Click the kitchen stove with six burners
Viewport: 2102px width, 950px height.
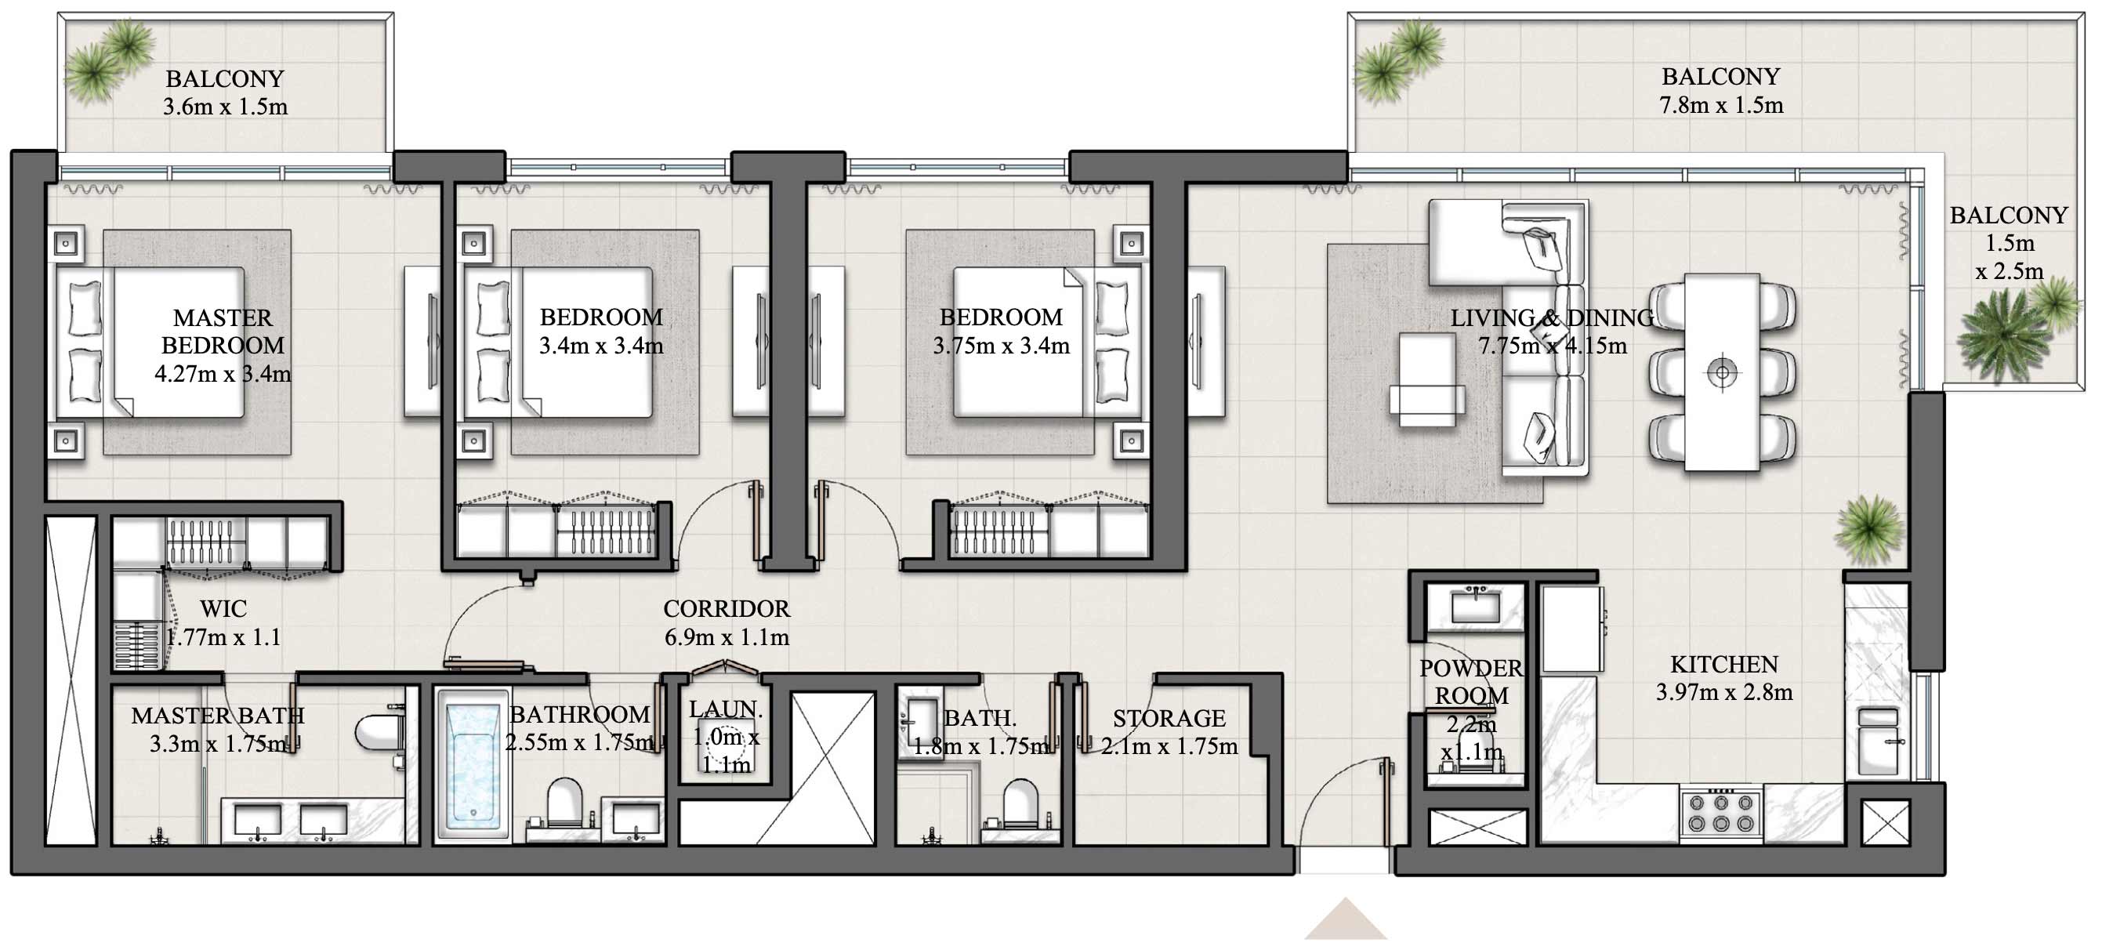point(1720,813)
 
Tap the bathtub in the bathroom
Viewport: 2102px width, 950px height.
point(473,764)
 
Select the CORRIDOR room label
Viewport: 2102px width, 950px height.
point(727,609)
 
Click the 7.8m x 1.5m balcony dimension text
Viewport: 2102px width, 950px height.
point(1721,105)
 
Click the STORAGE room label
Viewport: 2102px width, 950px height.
point(1169,718)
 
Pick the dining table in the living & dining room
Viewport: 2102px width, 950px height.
point(1722,372)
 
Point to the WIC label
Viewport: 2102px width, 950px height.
point(223,609)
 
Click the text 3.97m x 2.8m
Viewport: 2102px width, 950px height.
point(1723,692)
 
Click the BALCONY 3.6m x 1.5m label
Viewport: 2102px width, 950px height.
point(224,92)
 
